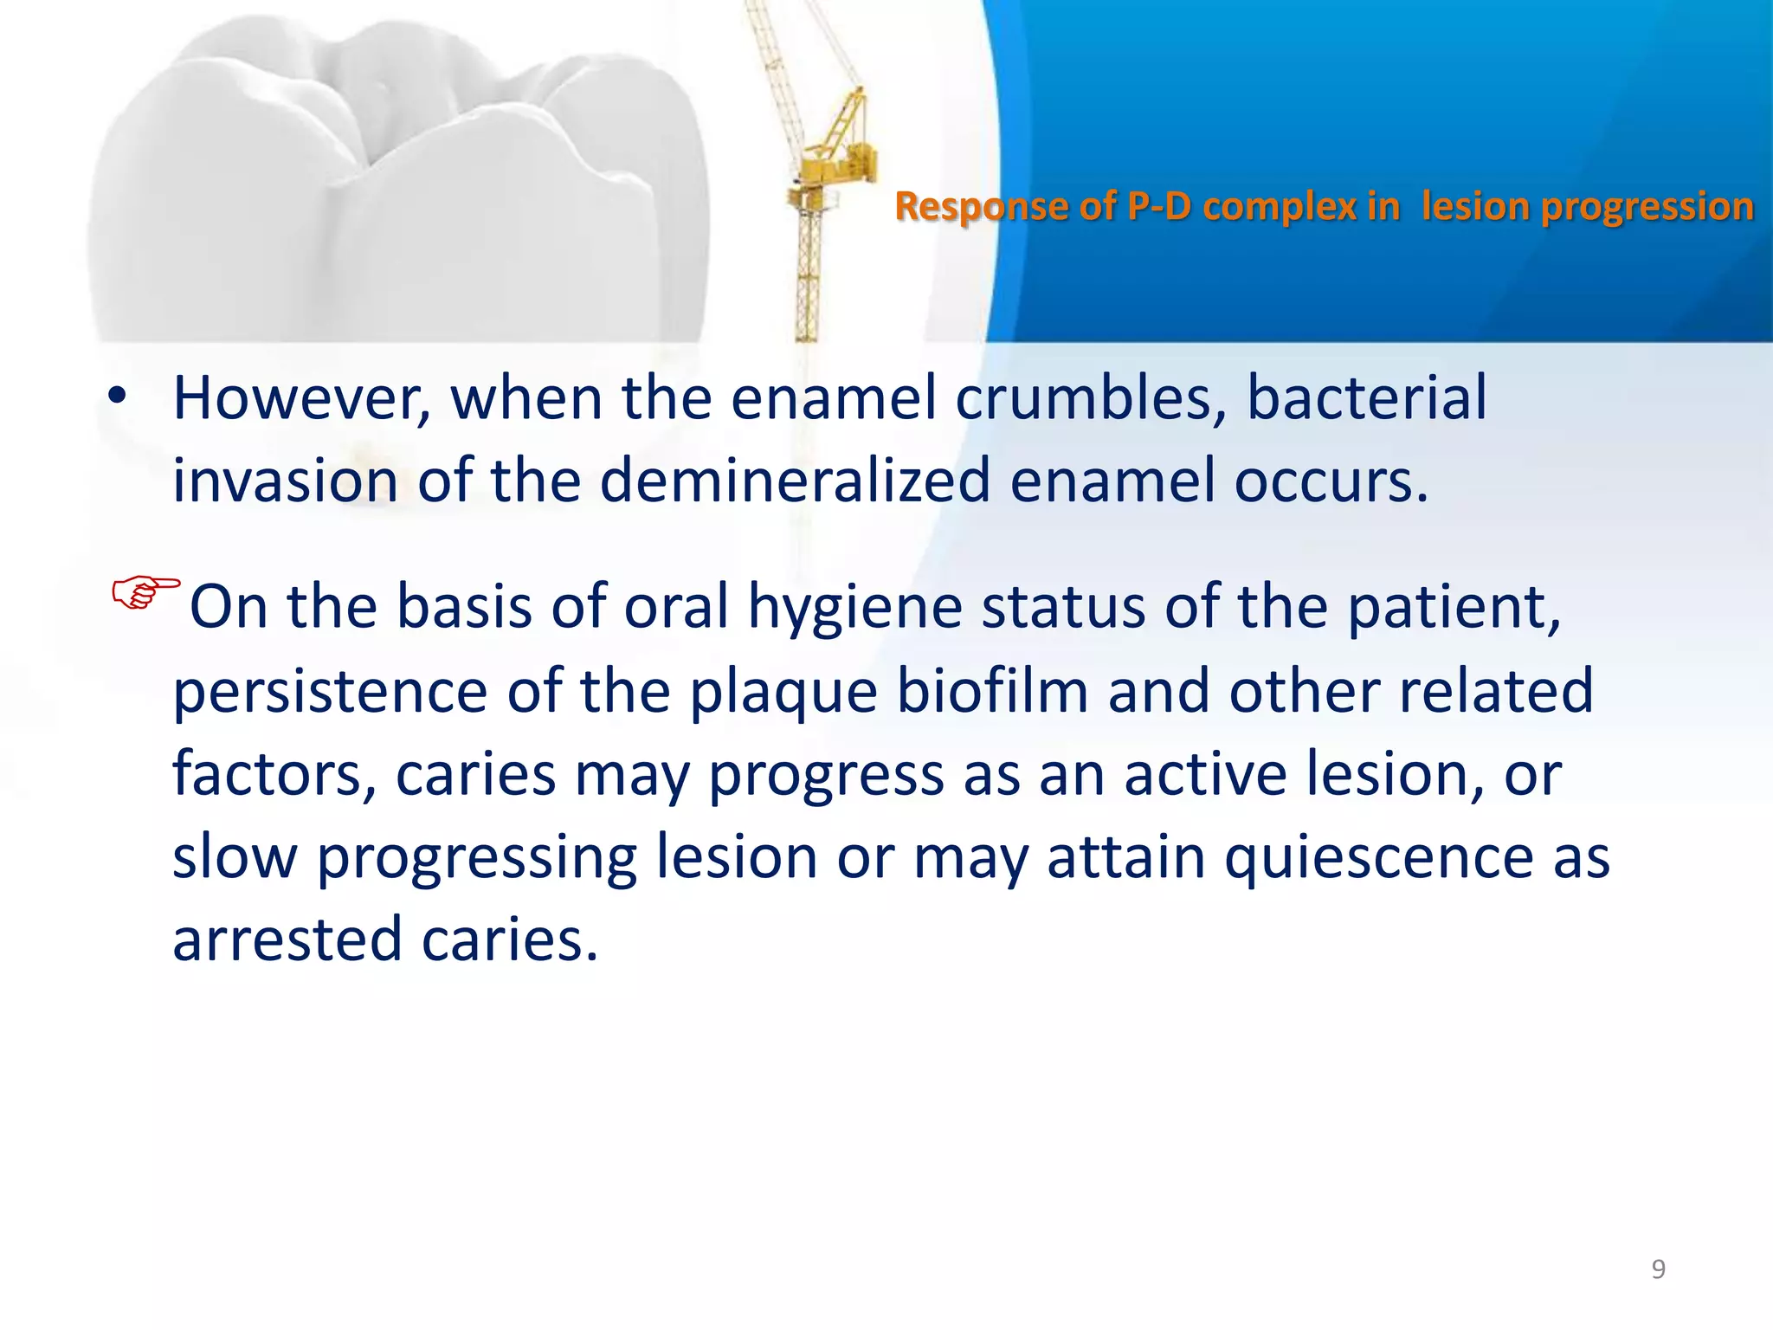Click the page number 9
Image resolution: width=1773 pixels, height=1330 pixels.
1658,1269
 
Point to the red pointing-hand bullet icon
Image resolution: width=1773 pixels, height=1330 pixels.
145,592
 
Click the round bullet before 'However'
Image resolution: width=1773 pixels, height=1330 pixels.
117,397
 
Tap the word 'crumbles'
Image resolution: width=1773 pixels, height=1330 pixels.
1090,397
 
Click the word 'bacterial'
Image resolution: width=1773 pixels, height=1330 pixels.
1365,397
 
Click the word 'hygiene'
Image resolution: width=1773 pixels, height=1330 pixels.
854,606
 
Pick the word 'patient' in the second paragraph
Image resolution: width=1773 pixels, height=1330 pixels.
1454,606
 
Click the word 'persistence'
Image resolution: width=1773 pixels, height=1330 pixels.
330,690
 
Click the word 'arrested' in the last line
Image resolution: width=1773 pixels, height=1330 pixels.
287,939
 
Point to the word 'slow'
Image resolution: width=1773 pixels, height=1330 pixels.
235,856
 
